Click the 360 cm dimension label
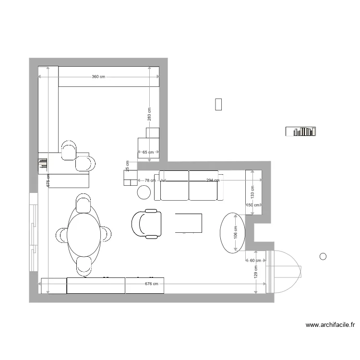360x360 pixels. [98, 77]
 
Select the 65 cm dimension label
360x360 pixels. [148, 153]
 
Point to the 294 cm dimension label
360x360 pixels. [213, 180]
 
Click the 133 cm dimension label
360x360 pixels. [252, 192]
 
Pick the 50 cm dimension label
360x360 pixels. [253, 205]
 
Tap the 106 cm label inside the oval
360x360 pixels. [235, 233]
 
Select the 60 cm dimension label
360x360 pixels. [255, 261]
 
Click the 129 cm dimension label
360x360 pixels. [256, 273]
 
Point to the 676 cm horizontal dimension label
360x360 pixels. [152, 284]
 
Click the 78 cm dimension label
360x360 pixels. [150, 180]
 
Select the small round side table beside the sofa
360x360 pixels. [144, 192]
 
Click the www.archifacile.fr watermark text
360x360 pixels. [330, 325]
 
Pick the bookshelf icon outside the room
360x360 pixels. [300, 131]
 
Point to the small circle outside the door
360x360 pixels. [323, 256]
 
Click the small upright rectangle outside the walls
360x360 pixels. [218, 104]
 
